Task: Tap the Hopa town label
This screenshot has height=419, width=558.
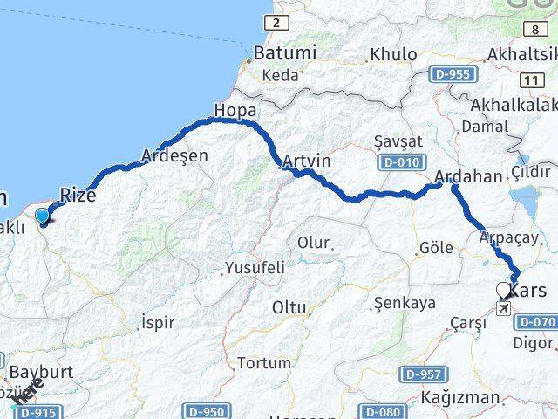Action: pyautogui.click(x=235, y=112)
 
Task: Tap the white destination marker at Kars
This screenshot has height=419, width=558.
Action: pyautogui.click(x=504, y=290)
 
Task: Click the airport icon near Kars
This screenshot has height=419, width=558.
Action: pyautogui.click(x=505, y=308)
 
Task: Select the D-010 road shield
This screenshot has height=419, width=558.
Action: pyautogui.click(x=403, y=162)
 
